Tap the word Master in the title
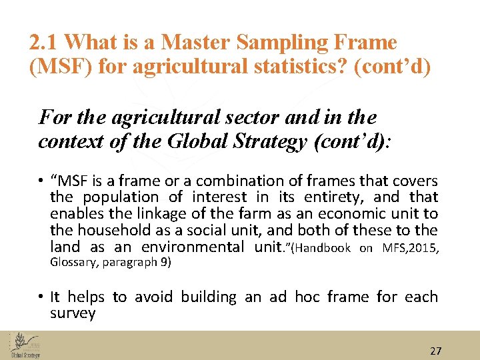click(193, 43)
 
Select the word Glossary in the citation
click(72, 262)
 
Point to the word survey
click(73, 313)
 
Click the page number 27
click(436, 351)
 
